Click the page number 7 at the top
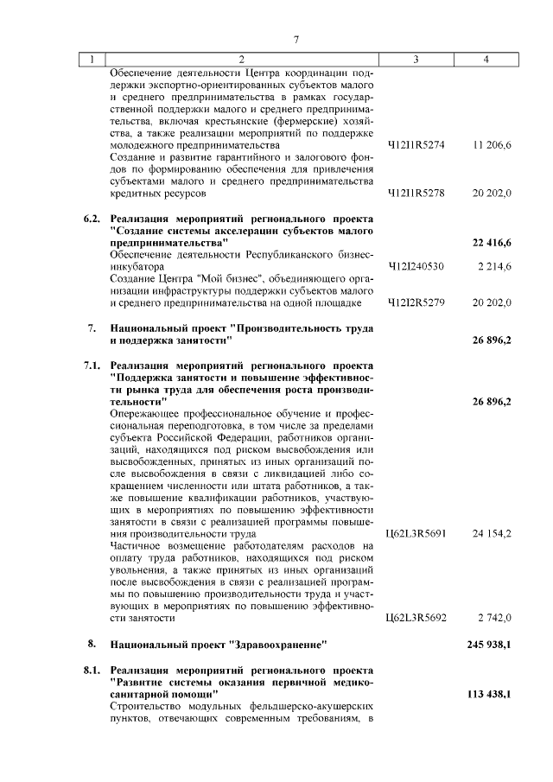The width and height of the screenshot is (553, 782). [x=296, y=40]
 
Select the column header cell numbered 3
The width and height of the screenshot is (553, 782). [x=416, y=60]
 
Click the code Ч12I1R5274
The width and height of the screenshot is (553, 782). [x=416, y=145]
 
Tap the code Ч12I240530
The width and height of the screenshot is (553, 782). [x=416, y=267]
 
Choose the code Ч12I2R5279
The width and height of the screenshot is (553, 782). [x=416, y=302]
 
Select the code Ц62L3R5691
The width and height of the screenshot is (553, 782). [x=416, y=534]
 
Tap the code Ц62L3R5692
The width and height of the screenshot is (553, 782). [x=416, y=618]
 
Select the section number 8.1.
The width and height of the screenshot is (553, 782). [x=92, y=671]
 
